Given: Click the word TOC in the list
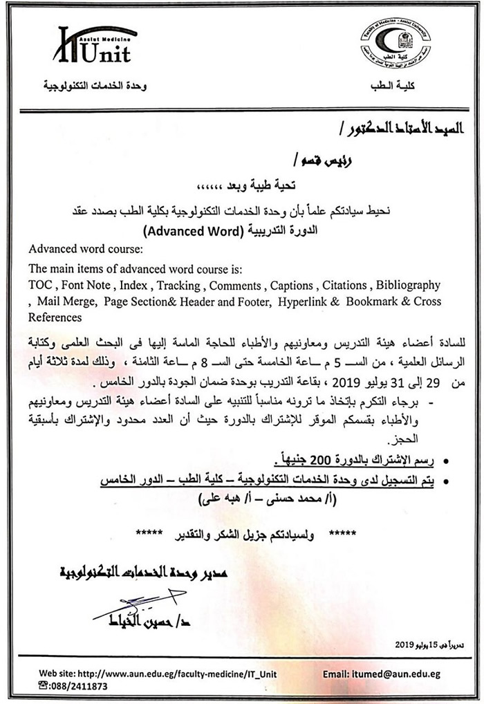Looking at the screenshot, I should click(39, 285).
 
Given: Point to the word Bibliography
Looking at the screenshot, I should click(408, 285).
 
